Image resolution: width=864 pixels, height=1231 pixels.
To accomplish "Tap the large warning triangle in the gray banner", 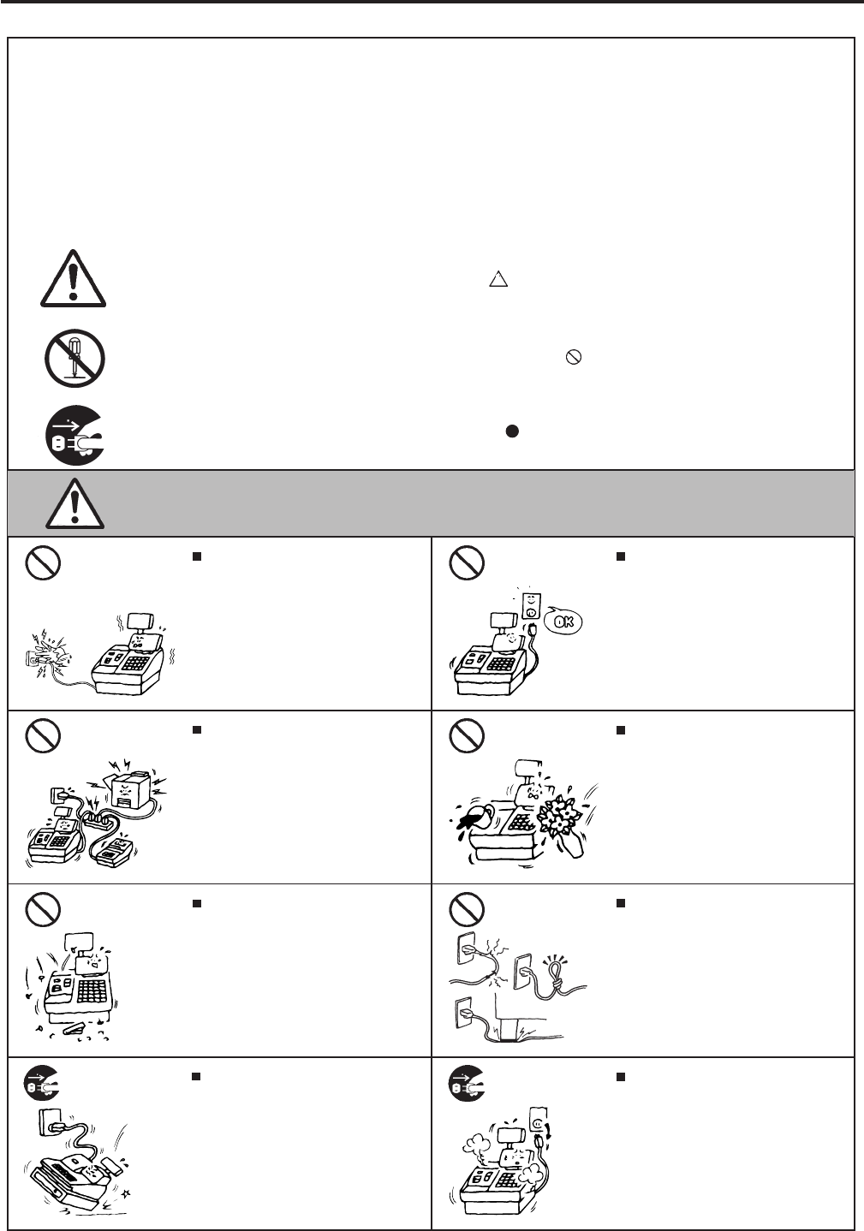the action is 75,503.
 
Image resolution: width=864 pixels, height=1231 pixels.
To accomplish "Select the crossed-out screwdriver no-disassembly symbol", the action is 74,358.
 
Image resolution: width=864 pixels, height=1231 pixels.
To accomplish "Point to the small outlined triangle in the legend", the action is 498,280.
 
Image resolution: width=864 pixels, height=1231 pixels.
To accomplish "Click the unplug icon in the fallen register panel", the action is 41,1086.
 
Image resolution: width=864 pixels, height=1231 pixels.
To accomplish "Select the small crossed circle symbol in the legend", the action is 574,360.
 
